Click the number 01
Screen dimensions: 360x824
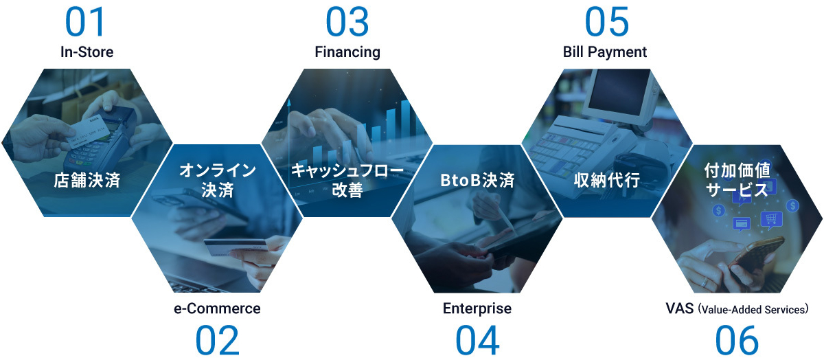point(87,22)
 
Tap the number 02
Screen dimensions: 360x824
point(217,340)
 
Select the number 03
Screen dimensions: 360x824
point(347,22)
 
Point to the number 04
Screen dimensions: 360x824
point(477,340)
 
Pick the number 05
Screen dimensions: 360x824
point(606,22)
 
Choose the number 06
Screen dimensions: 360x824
point(737,340)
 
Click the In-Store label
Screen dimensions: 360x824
point(87,52)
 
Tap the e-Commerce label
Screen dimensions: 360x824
point(217,308)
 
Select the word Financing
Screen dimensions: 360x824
point(347,52)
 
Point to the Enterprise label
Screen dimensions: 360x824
point(477,308)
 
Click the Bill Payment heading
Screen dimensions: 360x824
point(605,52)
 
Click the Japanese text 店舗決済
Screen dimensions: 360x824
point(87,181)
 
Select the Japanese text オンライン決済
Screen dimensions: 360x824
point(217,180)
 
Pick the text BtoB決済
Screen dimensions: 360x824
point(477,181)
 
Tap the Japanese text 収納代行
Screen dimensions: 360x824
point(607,181)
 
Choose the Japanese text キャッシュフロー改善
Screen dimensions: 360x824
point(347,180)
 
